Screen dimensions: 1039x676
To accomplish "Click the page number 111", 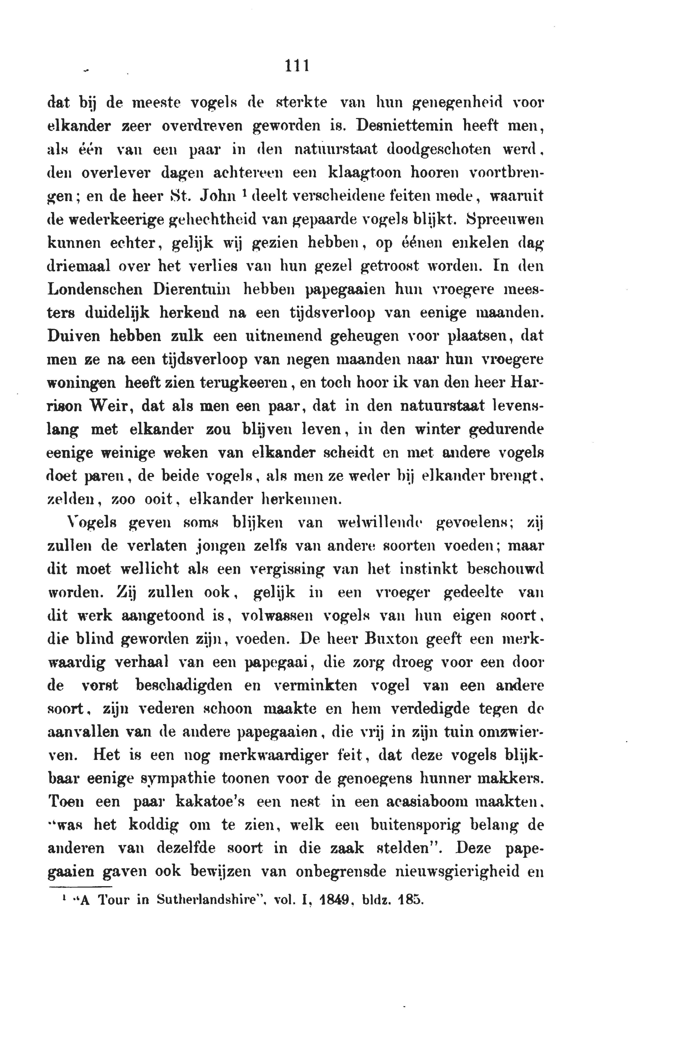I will click(x=297, y=65).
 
